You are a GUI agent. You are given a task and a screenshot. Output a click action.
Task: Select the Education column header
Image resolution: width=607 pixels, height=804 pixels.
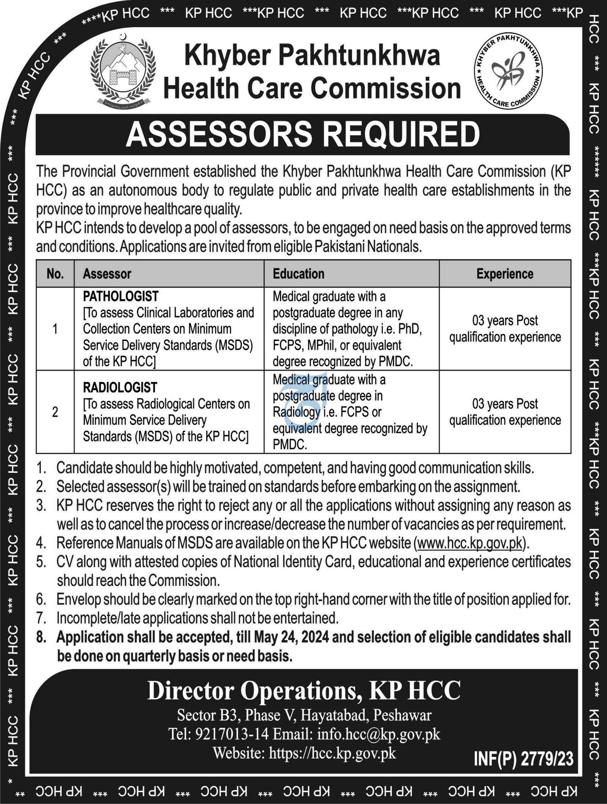coord(299,274)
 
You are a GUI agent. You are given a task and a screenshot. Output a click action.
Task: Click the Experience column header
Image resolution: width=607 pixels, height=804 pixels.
coord(505,274)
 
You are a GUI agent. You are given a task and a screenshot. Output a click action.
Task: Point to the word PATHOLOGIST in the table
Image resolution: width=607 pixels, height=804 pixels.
coord(121,296)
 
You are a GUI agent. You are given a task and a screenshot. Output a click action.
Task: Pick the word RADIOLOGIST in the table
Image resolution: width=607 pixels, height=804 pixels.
coord(120,387)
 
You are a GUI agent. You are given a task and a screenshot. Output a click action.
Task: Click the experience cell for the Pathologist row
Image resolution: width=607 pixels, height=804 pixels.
coord(505,329)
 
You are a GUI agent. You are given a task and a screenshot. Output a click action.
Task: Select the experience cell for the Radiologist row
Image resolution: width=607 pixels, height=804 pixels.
coord(505,412)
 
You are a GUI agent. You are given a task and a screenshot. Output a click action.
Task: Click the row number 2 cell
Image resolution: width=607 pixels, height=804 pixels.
coord(55,412)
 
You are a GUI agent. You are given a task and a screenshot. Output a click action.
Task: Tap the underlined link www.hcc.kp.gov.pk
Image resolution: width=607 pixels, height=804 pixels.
coord(470,543)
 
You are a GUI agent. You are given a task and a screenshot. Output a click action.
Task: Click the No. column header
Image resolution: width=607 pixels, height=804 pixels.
coord(55,274)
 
